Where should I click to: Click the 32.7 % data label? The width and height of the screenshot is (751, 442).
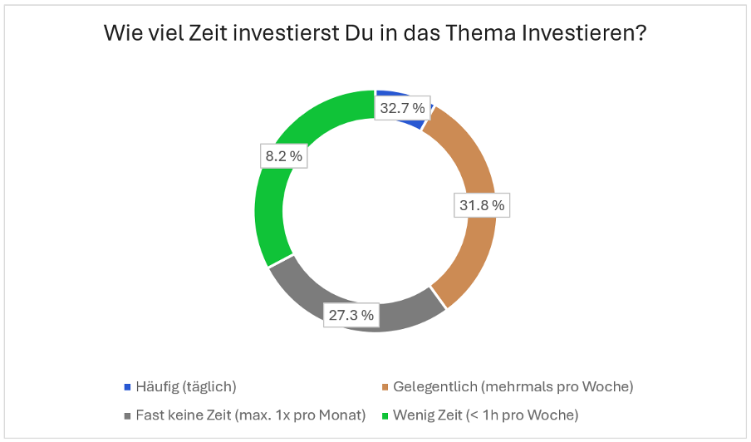click(x=402, y=108)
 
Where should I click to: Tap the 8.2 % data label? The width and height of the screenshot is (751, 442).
click(x=282, y=155)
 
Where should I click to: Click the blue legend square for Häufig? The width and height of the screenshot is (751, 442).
click(x=127, y=386)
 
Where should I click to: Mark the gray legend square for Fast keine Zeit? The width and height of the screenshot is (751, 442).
click(x=127, y=415)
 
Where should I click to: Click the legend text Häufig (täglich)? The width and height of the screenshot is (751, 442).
click(x=187, y=386)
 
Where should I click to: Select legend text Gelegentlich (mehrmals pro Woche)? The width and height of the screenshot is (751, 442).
click(x=513, y=386)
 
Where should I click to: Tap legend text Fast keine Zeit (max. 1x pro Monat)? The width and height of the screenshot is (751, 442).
click(x=252, y=415)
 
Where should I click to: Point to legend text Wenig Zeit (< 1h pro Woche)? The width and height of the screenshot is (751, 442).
click(x=486, y=415)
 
